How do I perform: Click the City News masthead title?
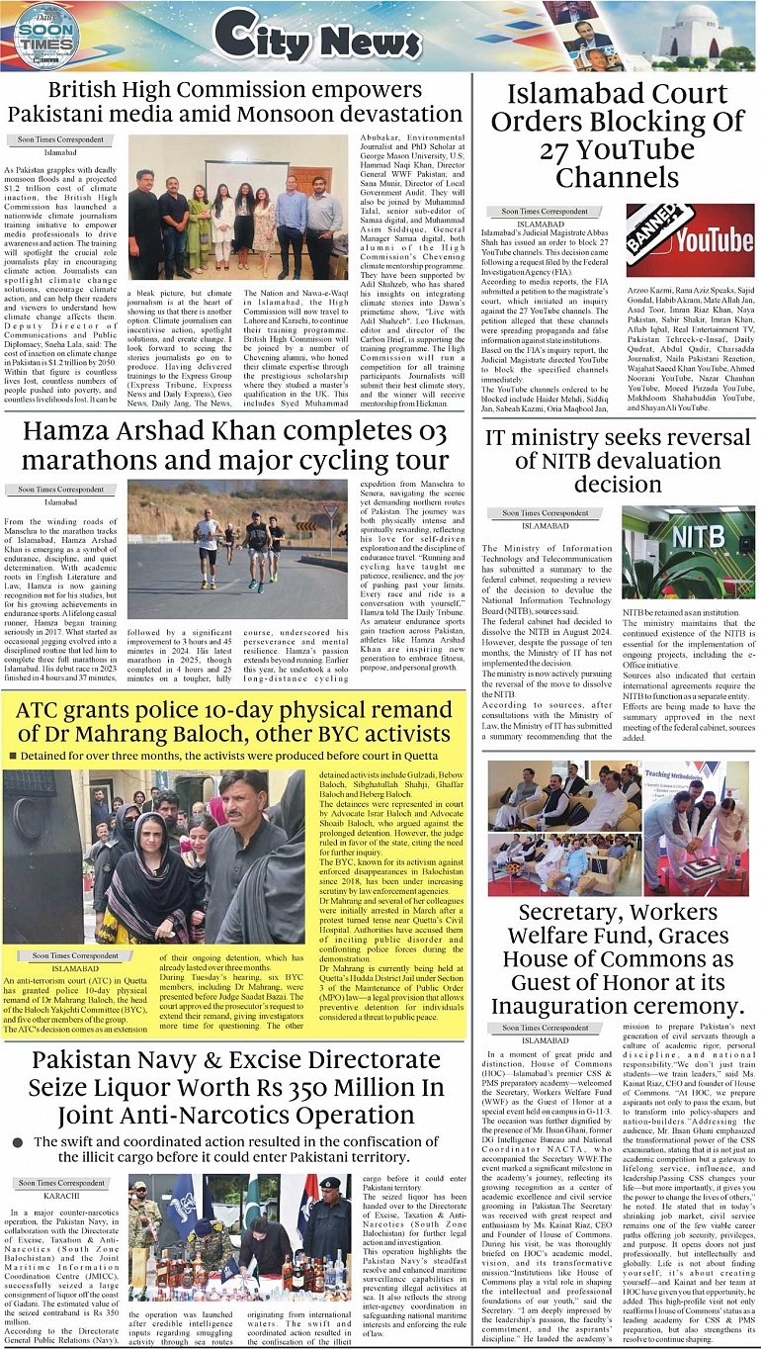(x=302, y=38)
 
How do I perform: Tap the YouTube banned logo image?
(x=690, y=239)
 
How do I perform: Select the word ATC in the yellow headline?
(x=43, y=708)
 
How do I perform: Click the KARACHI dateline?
(x=60, y=1196)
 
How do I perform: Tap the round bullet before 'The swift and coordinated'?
(x=17, y=1141)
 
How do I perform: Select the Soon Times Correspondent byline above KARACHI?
(x=60, y=1183)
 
